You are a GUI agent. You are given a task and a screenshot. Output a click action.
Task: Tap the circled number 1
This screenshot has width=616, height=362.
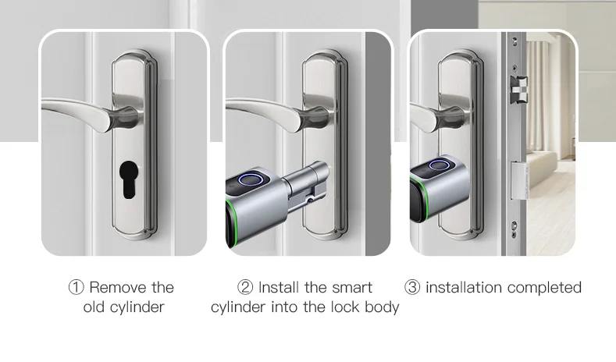[x=76, y=288]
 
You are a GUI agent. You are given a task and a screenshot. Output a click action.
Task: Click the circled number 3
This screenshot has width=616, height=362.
[x=412, y=288]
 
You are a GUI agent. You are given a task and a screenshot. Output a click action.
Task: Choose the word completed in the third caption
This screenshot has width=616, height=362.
[x=544, y=288]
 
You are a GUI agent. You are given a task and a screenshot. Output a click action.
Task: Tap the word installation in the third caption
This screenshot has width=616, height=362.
[x=464, y=288]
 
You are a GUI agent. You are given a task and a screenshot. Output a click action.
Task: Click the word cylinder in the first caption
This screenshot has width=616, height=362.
[x=138, y=307]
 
